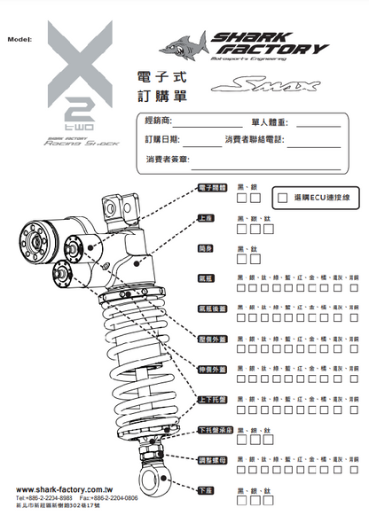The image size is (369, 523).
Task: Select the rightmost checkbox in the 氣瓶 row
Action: coord(355,289)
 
